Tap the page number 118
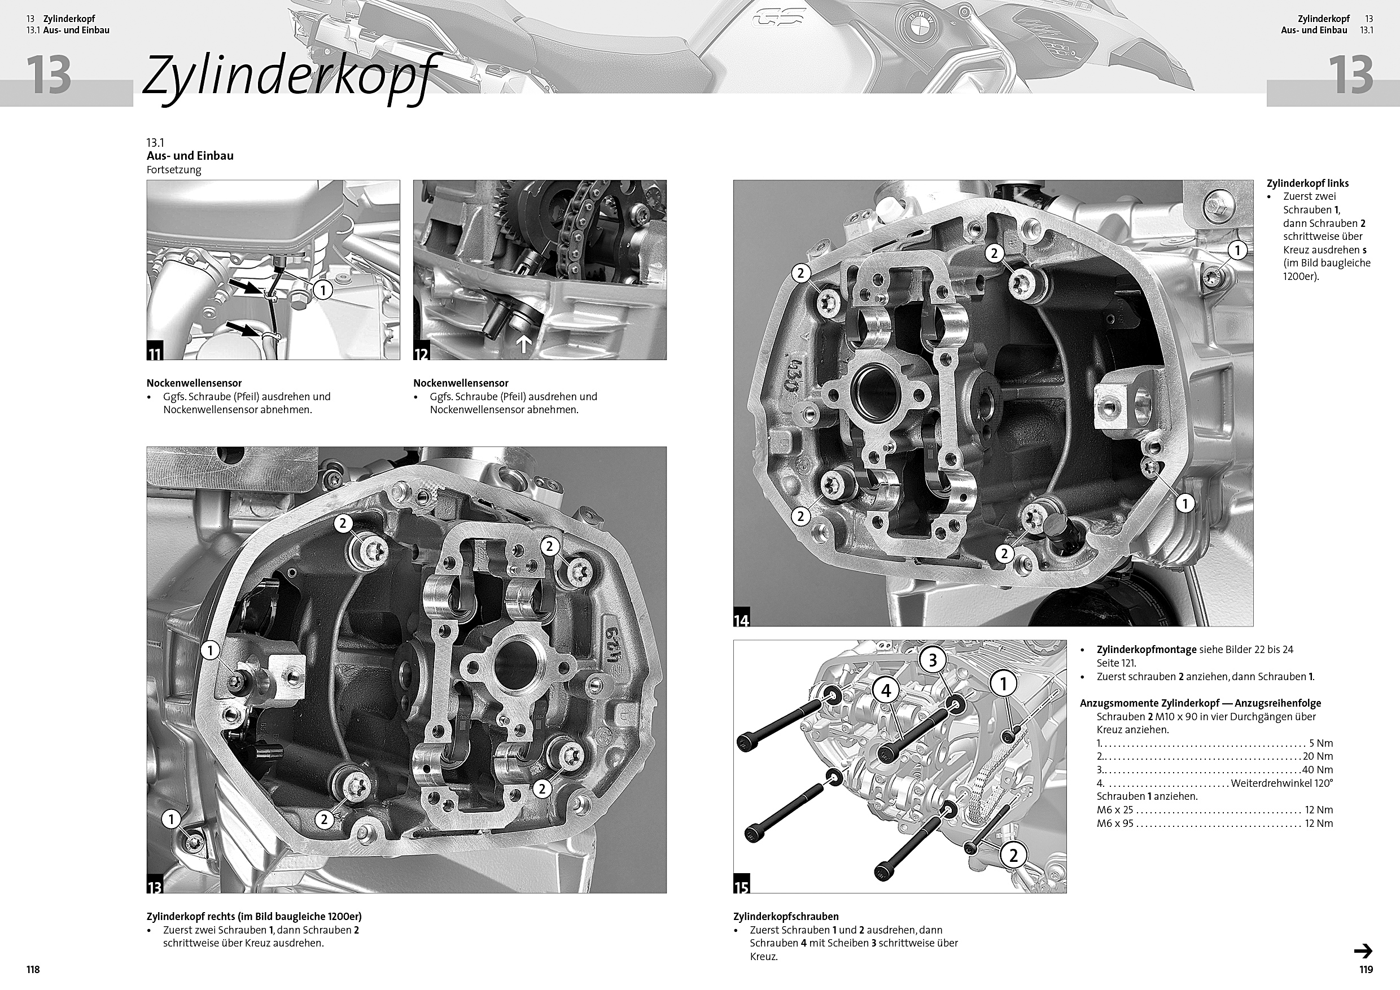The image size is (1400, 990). click(33, 969)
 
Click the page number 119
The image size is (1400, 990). click(1366, 969)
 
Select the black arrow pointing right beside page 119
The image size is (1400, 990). click(1363, 951)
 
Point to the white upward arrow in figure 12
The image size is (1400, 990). click(524, 344)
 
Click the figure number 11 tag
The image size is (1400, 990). click(154, 352)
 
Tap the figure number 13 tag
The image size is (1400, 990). click(154, 886)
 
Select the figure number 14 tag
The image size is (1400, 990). click(741, 619)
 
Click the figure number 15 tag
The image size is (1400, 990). click(741, 886)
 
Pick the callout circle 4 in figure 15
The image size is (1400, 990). click(886, 691)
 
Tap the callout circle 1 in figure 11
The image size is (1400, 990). click(322, 290)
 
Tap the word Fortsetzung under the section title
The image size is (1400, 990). click(174, 170)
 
